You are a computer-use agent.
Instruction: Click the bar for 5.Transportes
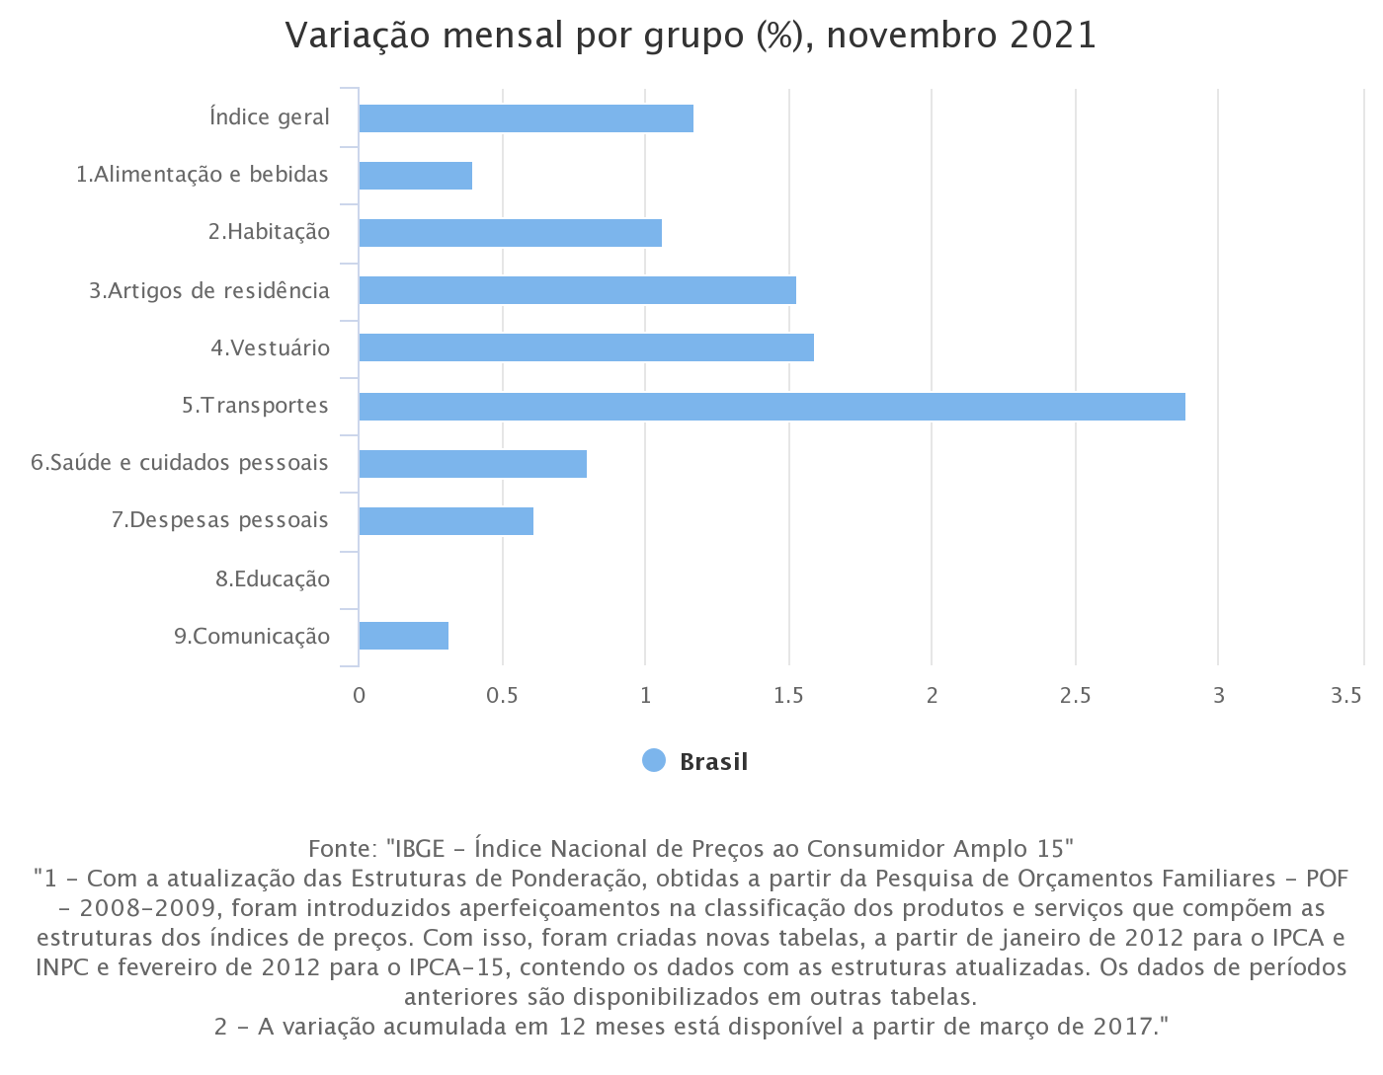772,406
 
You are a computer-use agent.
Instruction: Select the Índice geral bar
526,117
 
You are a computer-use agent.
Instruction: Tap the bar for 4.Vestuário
586,347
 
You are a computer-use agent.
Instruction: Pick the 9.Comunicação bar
403,636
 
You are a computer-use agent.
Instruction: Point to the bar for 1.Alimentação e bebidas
415,176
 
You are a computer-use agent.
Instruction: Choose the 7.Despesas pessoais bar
446,521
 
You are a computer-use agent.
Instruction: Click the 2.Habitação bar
510,233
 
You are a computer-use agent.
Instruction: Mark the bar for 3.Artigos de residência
577,290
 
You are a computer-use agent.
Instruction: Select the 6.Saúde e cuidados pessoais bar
472,463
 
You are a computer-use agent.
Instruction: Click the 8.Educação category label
273,579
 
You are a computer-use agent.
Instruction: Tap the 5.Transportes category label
255,406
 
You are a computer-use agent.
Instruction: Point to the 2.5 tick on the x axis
1075,695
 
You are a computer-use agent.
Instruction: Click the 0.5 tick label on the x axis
502,695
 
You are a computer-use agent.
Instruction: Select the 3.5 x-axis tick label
1346,695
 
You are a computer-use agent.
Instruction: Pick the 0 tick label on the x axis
359,695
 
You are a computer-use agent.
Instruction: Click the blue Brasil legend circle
654,761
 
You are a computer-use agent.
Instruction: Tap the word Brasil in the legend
713,762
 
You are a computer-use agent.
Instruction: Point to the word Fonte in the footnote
341,849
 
